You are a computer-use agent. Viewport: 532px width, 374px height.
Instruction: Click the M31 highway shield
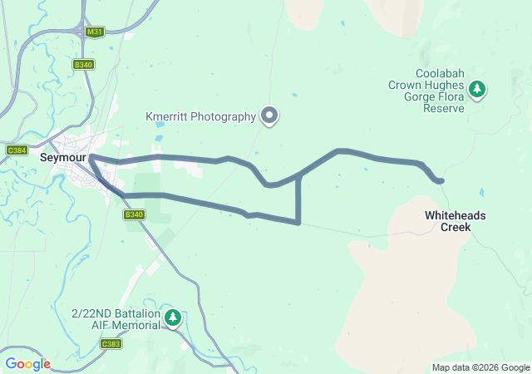pyautogui.click(x=94, y=32)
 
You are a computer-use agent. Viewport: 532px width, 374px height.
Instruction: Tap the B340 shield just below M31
pyautogui.click(x=84, y=64)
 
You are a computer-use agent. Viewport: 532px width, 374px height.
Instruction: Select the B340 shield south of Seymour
pyautogui.click(x=134, y=214)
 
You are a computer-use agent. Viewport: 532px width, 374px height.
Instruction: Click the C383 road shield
pyautogui.click(x=111, y=343)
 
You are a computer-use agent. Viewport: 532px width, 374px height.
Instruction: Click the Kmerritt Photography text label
pyautogui.click(x=200, y=116)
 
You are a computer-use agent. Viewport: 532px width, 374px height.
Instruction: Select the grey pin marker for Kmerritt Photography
pyautogui.click(x=269, y=116)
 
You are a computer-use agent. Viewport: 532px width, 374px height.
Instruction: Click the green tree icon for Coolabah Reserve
pyautogui.click(x=477, y=88)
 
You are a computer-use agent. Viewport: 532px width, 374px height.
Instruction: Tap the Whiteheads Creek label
pyautogui.click(x=456, y=221)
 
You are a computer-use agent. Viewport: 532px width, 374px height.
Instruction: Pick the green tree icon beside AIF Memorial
pyautogui.click(x=173, y=317)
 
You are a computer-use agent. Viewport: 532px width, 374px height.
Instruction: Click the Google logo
pyautogui.click(x=27, y=363)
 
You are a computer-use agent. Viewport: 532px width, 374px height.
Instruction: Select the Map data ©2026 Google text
pyautogui.click(x=480, y=367)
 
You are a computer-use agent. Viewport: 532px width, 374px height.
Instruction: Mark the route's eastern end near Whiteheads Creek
pyautogui.click(x=441, y=180)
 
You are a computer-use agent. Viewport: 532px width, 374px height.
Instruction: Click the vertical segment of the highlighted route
pyautogui.click(x=298, y=199)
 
